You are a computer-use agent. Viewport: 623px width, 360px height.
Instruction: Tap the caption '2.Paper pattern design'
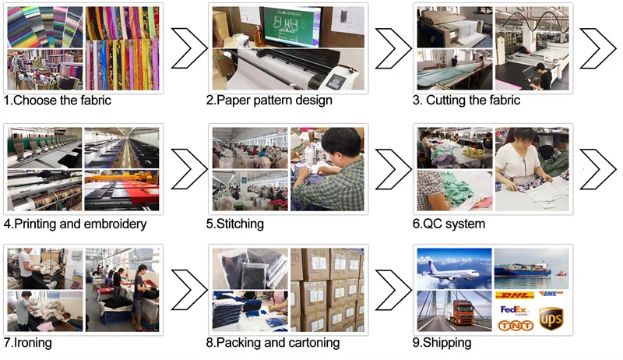tap(269, 101)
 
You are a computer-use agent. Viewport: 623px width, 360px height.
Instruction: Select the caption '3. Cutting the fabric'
tap(466, 101)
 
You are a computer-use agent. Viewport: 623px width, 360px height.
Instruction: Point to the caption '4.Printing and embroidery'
tap(75, 224)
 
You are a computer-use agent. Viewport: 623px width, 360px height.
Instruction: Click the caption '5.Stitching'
tap(234, 224)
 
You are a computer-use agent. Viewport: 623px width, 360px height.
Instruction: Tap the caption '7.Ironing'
tap(29, 343)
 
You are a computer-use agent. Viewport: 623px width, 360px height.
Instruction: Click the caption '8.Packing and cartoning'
tap(273, 343)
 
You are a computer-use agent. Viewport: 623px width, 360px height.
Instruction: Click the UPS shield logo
tap(551, 317)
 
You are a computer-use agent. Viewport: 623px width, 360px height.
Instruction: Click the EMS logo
tap(551, 294)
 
